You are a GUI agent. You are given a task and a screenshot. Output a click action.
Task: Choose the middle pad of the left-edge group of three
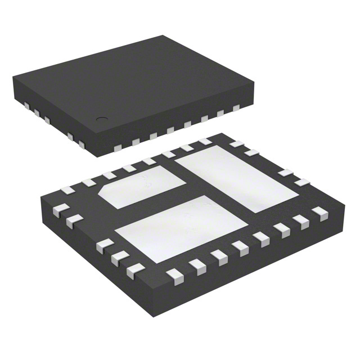point(116,259)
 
